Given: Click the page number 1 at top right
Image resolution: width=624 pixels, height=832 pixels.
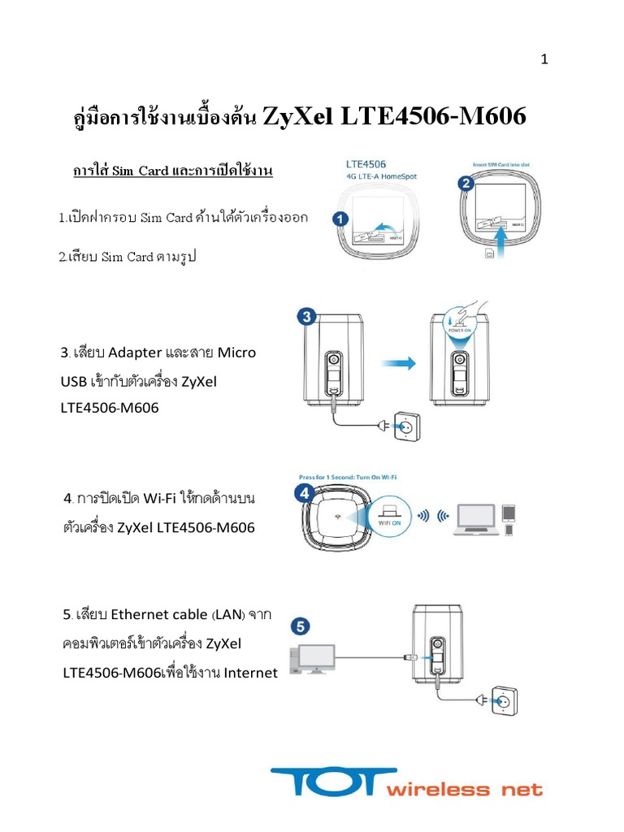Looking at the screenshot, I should [x=545, y=60].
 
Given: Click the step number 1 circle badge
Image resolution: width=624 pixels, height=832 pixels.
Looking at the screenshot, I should [x=340, y=218].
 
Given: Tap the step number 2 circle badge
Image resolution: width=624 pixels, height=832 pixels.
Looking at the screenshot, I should [x=466, y=184].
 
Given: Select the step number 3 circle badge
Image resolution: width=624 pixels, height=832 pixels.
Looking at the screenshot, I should [x=305, y=318].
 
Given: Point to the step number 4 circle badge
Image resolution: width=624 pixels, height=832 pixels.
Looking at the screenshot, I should [x=303, y=492].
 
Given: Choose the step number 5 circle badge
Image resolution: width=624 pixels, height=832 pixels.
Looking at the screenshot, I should [x=301, y=626].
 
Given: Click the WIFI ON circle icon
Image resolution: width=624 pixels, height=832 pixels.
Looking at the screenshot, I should [x=392, y=516].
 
